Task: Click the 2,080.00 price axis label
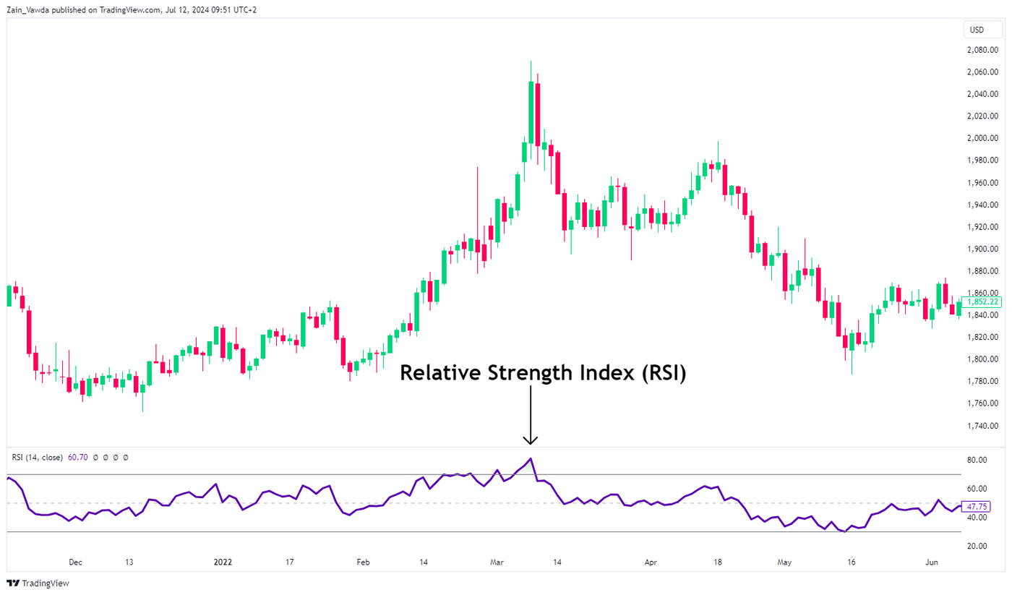982,50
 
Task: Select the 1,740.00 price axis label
982,425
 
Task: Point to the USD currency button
977,30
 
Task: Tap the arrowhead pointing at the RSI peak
531,440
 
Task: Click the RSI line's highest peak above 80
531,458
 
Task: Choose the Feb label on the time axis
363,562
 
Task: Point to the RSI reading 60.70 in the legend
77,457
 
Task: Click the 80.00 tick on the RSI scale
978,460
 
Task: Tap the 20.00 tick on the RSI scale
978,546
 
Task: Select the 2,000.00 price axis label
982,138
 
